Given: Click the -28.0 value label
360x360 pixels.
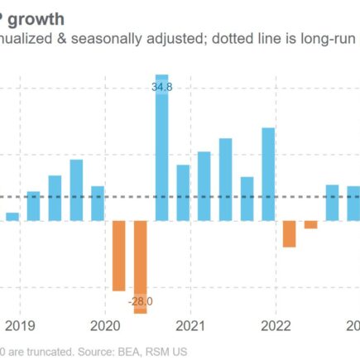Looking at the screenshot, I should (x=141, y=300).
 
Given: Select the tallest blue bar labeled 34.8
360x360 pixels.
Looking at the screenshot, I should (x=162, y=149).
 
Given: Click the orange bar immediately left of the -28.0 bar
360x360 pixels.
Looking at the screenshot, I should (x=119, y=256).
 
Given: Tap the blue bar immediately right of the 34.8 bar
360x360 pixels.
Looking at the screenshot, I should (x=183, y=193).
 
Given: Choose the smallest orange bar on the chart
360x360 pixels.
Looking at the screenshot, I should (x=310, y=225).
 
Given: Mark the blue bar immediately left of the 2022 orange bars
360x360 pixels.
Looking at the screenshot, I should (x=268, y=174).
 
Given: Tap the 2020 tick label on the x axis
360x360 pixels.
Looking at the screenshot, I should (x=106, y=325).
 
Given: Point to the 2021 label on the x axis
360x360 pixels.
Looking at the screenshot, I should (x=191, y=325).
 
